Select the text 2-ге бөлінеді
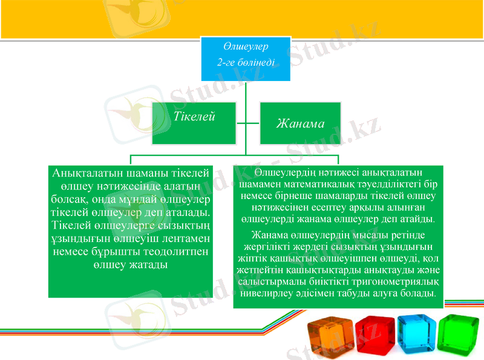246,62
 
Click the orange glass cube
328,334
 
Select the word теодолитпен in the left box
178,251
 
